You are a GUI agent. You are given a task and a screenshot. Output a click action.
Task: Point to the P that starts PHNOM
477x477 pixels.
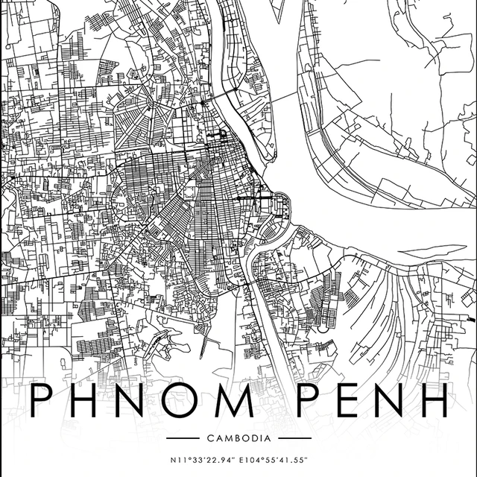coord(42,402)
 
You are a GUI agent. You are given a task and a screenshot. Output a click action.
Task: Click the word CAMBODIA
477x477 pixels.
coord(238,437)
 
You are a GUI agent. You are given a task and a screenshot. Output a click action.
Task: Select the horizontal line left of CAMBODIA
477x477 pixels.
coord(183,437)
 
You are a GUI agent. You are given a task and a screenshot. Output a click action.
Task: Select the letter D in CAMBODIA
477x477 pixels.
coord(250,437)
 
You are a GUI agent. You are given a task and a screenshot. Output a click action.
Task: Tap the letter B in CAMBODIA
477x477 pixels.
coord(235,437)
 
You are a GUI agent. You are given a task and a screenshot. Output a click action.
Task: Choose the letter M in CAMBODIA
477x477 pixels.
coord(227,437)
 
